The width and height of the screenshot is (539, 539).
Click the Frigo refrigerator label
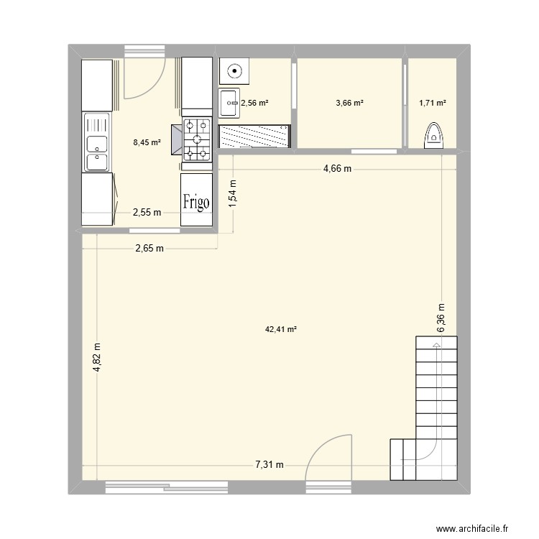[195, 202]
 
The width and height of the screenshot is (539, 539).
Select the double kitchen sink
[96, 142]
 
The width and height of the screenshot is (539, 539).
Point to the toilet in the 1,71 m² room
[433, 135]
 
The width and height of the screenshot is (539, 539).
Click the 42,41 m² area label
[281, 330]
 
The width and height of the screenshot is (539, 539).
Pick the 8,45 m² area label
[147, 142]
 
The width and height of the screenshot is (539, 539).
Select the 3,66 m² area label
[349, 103]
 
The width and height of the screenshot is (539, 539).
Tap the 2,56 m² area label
[254, 103]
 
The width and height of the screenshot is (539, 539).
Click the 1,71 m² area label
[433, 103]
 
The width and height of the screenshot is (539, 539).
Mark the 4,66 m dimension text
[337, 169]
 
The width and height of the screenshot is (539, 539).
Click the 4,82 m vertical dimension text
[97, 358]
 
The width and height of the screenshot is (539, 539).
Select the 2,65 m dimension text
[149, 249]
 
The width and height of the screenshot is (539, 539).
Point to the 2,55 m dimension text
[146, 212]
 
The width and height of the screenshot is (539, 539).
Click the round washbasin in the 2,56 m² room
[234, 71]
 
